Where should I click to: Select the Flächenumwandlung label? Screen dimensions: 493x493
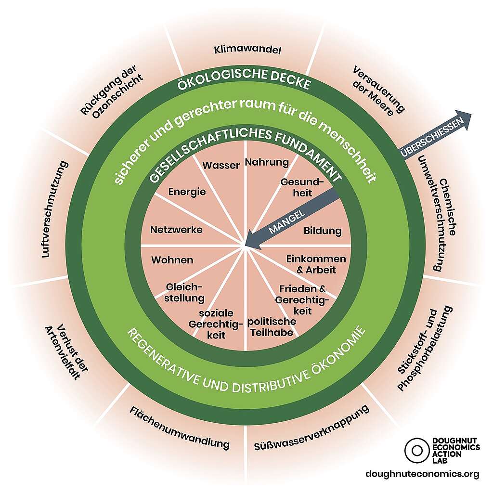coord(180,427)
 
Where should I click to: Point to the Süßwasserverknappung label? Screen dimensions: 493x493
coord(312,428)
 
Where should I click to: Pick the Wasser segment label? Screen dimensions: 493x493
coord(221,166)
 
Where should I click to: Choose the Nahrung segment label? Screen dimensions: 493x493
coord(267,162)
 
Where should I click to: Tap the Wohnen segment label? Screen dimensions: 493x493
coord(172,260)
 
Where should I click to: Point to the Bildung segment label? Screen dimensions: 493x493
coord(323,231)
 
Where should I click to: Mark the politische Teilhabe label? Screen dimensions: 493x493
coord(272,326)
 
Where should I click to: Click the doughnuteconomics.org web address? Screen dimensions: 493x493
coord(423,474)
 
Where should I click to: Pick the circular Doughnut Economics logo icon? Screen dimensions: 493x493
coord(415,449)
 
